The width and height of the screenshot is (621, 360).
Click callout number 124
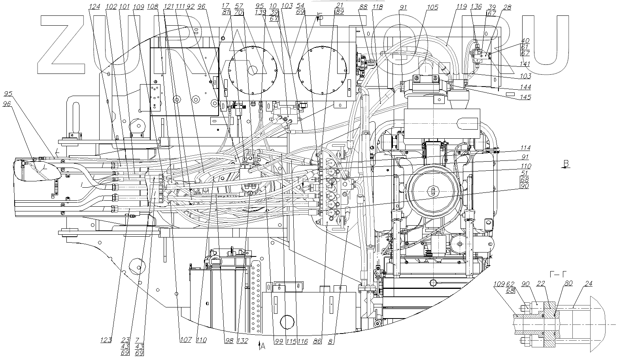(x=95, y=7)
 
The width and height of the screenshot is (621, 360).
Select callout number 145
(x=525, y=97)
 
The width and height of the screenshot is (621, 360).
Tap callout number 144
(x=525, y=87)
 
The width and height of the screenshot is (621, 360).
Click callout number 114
(x=525, y=148)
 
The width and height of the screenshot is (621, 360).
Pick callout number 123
(x=106, y=340)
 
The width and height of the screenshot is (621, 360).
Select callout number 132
(x=243, y=340)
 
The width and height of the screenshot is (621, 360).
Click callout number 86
(x=317, y=340)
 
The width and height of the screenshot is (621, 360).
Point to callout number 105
(x=433, y=7)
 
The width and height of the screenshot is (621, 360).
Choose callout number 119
(x=462, y=7)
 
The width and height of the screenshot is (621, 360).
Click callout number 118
(x=378, y=7)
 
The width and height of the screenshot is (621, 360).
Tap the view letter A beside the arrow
(x=262, y=347)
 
